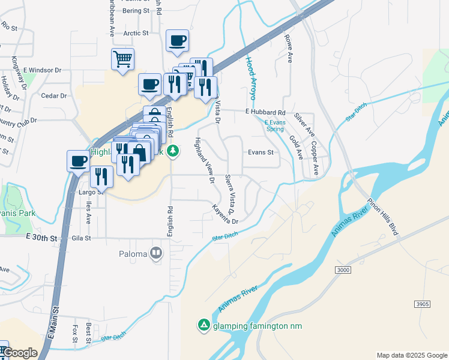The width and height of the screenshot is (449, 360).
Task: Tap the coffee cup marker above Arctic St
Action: [177, 41]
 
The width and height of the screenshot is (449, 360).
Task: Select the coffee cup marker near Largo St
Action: [79, 161]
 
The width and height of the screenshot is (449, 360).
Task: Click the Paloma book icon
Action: [156, 253]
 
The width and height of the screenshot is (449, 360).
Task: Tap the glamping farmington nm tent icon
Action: [203, 325]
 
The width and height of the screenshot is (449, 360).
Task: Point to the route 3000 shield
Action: [343, 271]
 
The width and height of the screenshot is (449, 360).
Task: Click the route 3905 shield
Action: [422, 305]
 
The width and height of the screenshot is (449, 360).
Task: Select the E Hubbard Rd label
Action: [265, 112]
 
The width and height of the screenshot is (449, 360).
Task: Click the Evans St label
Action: [261, 152]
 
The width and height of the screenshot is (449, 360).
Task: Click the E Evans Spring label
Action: [274, 125]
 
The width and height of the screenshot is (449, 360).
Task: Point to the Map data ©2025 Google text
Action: [411, 355]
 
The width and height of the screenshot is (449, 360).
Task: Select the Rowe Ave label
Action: [289, 49]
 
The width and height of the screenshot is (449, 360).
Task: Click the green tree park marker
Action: [173, 150]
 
